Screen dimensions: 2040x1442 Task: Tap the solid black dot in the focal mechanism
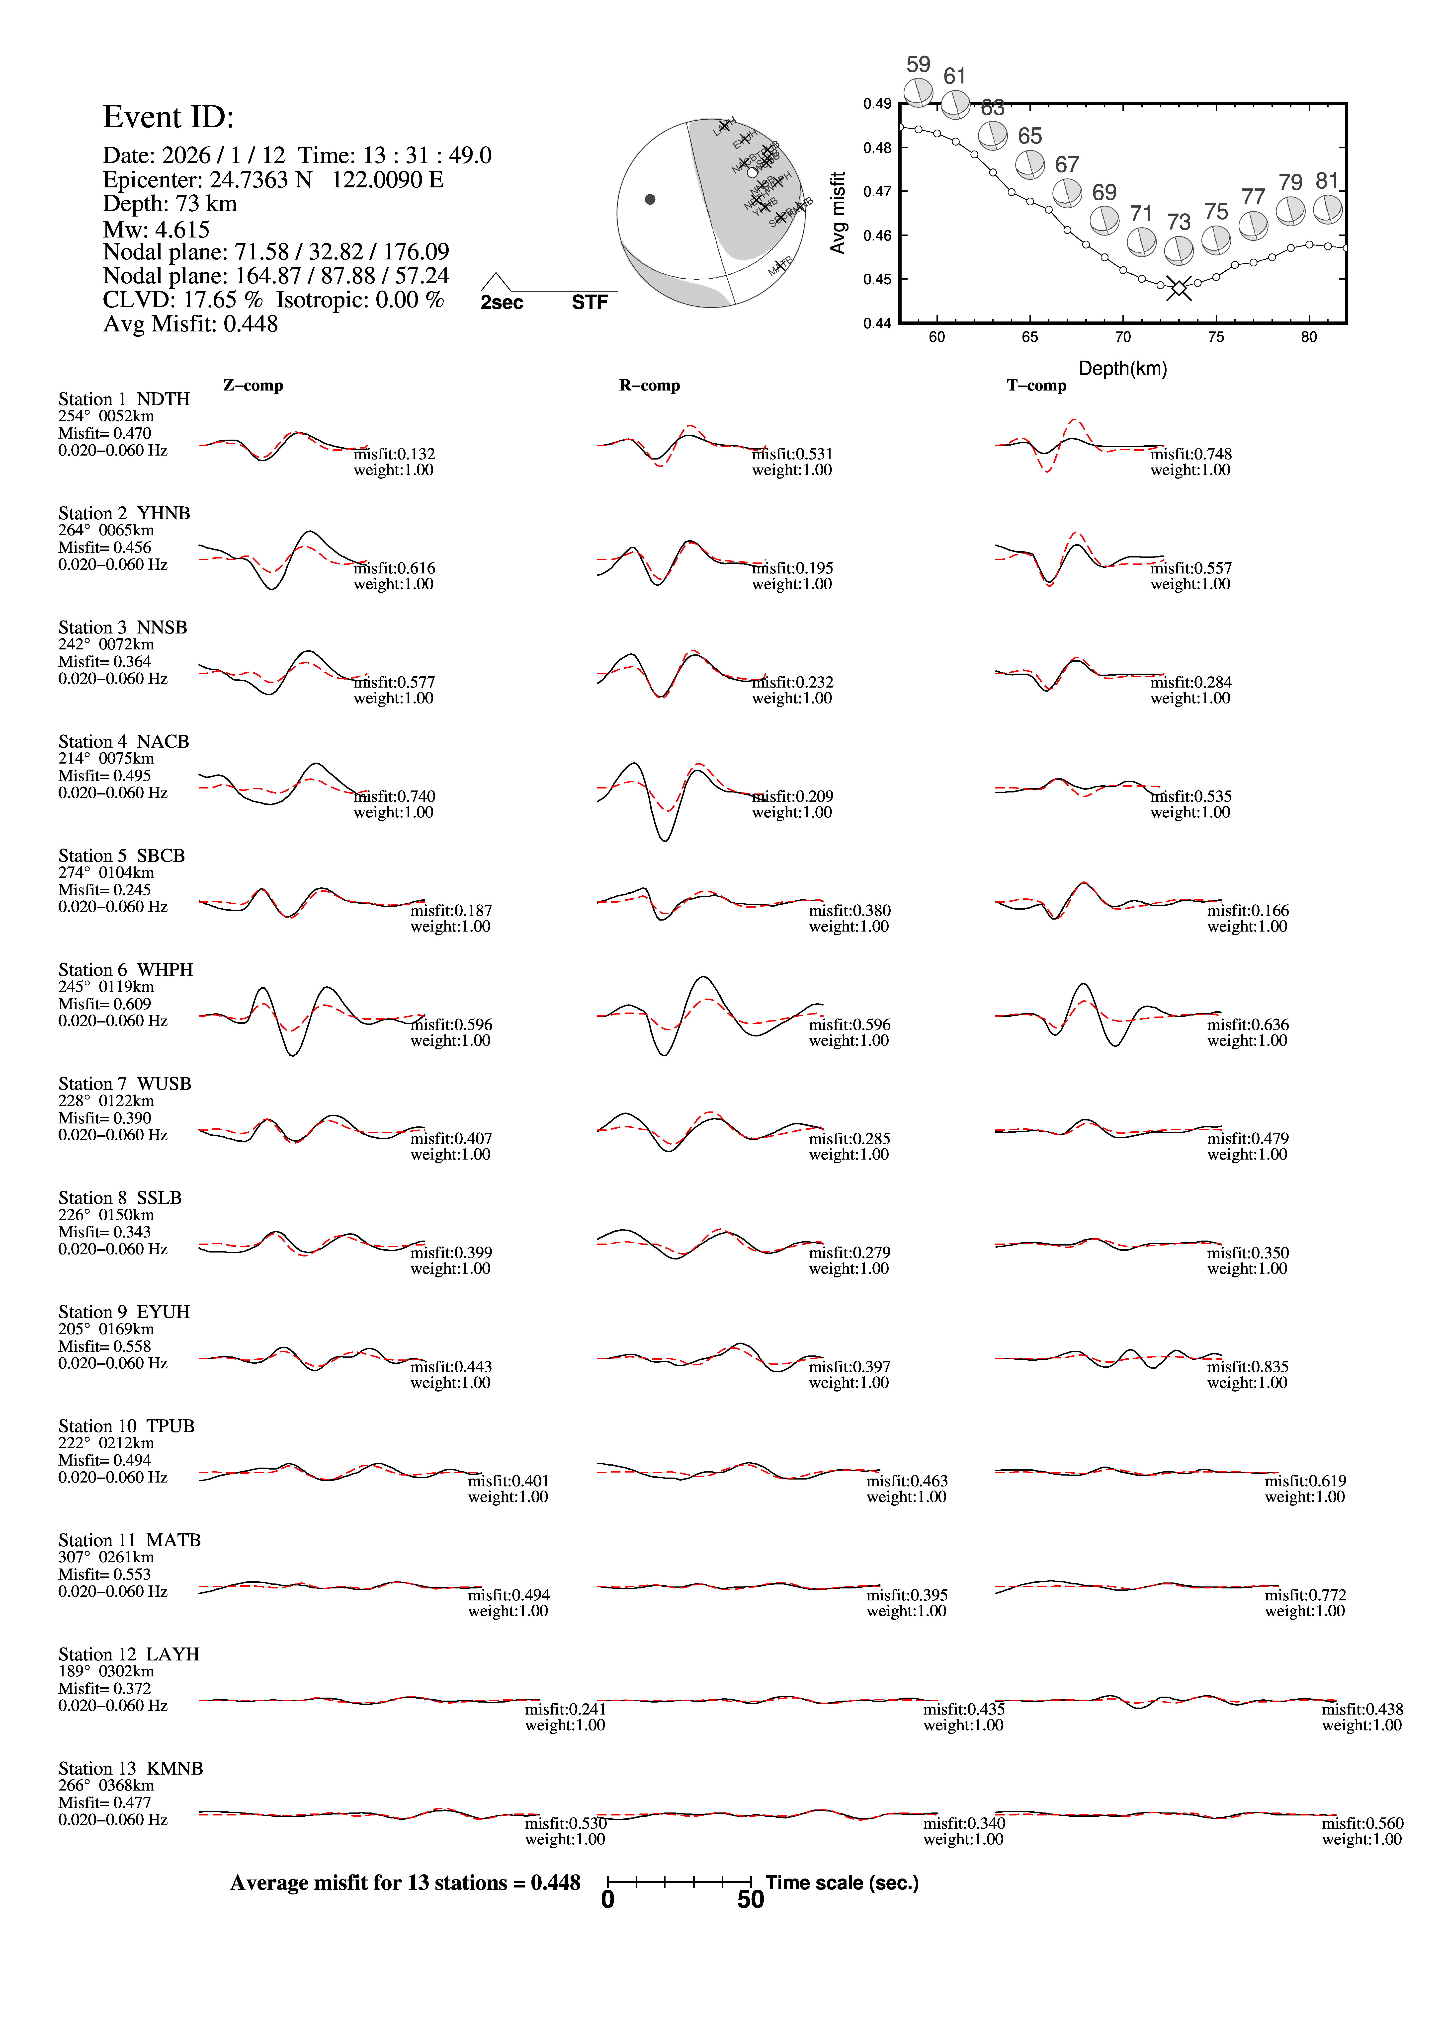click(x=650, y=199)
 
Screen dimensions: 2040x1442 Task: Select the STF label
click(x=590, y=303)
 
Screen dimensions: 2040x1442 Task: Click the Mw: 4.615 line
click(x=156, y=229)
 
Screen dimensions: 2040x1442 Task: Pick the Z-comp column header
click(x=253, y=386)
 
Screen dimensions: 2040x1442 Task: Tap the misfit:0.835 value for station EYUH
click(x=1247, y=1366)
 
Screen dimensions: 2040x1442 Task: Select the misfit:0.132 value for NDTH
click(x=395, y=454)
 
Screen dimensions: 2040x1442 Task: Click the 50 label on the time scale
click(x=751, y=1900)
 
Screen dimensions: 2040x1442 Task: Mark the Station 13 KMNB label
click(x=131, y=1768)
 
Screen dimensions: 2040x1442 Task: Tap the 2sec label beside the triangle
click(x=502, y=303)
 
